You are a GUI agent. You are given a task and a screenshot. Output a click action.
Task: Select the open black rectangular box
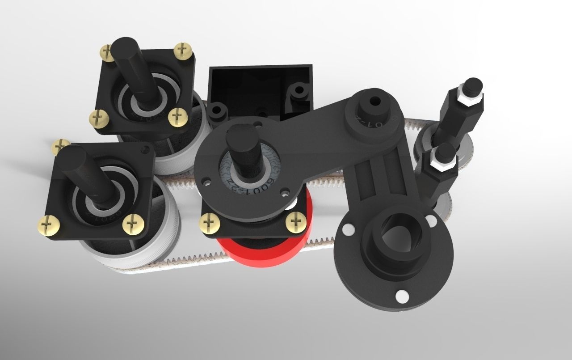[259, 85]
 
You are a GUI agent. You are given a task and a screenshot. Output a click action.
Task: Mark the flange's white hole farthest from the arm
[401, 296]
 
